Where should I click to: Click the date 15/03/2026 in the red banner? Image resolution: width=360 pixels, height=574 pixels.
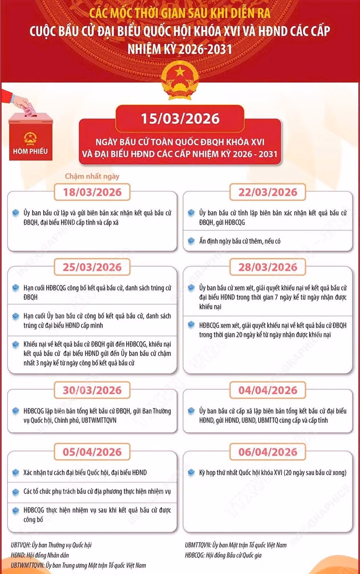click(180, 119)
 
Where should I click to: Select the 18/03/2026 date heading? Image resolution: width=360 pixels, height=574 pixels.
click(92, 192)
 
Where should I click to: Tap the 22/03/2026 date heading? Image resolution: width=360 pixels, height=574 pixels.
click(268, 192)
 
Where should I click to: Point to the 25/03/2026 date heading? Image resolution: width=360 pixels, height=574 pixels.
click(92, 267)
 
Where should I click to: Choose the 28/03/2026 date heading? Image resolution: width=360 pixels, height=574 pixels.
click(268, 267)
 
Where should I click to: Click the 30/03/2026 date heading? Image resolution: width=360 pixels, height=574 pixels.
click(92, 390)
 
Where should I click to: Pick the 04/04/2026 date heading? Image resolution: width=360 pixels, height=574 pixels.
click(268, 390)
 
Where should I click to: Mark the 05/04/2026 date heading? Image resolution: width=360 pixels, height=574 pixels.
click(92, 452)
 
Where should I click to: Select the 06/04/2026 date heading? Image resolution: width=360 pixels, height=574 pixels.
click(268, 452)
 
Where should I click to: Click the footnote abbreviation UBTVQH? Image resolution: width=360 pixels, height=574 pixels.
click(22, 545)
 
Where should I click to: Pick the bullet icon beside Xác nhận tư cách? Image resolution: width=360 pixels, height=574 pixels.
click(15, 473)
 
